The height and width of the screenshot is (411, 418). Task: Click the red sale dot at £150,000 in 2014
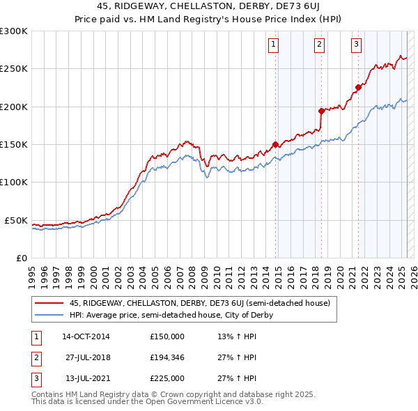(275, 145)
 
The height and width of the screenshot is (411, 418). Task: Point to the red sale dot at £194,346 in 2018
(321, 111)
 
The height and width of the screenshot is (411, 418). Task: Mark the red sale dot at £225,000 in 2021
(358, 88)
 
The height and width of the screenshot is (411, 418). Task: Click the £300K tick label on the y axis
(14, 31)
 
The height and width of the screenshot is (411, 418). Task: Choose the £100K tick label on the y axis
(14, 183)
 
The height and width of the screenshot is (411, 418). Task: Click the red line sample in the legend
(49, 302)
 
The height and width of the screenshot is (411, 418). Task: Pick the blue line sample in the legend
(49, 315)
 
